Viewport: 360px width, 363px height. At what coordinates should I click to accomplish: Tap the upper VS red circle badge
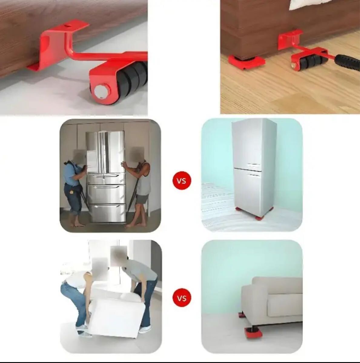182,181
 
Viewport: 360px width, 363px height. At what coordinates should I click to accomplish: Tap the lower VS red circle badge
182,298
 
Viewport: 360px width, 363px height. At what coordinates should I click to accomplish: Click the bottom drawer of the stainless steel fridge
107,213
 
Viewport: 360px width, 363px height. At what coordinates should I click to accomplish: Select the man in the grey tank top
139,185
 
